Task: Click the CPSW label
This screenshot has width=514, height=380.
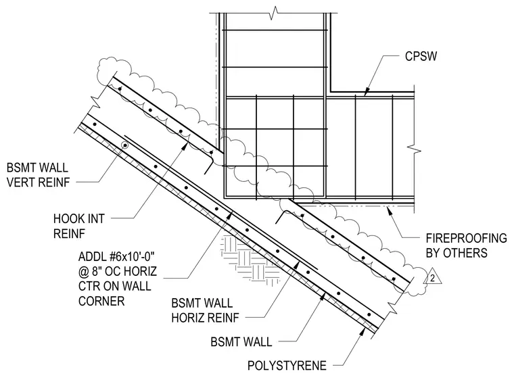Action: point(421,56)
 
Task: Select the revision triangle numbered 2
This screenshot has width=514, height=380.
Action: point(432,276)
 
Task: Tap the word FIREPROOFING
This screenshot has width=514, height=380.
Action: point(466,238)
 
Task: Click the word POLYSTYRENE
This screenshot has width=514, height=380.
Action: point(287,366)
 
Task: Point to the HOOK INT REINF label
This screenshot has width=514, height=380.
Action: point(78,227)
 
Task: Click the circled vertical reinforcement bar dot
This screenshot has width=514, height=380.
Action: point(125,145)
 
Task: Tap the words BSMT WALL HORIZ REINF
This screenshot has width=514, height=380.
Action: point(205,310)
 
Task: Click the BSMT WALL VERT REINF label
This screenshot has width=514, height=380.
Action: point(38,174)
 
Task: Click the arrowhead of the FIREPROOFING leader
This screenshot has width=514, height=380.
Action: point(390,210)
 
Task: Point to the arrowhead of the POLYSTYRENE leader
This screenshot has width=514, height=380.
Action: point(363,332)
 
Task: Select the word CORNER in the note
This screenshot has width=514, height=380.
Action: point(101,301)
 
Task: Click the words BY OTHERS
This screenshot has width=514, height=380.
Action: point(457,253)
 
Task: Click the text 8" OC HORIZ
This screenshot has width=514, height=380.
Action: point(124,271)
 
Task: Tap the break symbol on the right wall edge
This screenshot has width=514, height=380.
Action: point(414,149)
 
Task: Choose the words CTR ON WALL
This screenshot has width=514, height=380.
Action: point(115,286)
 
